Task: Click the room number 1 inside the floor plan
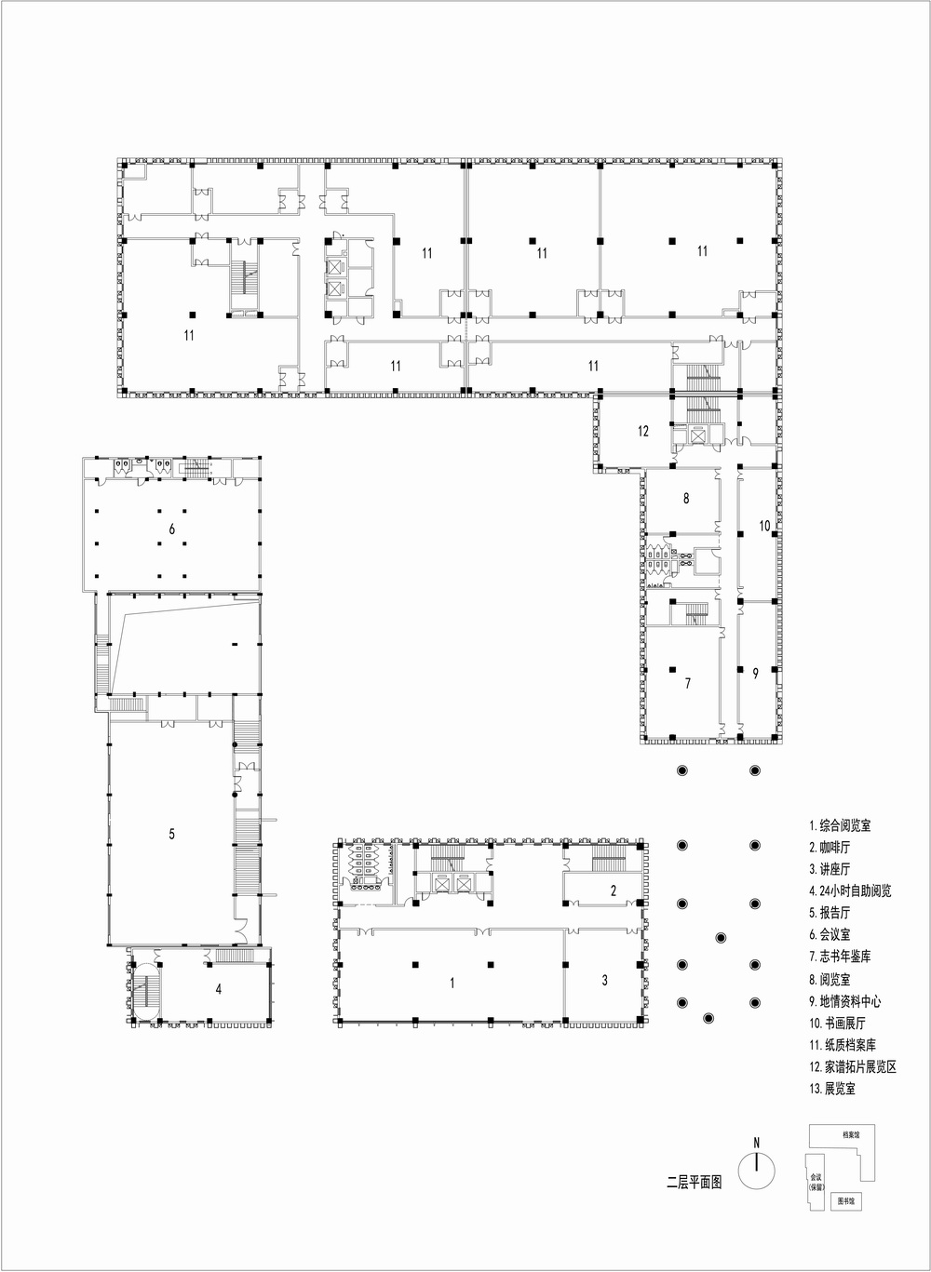click(452, 982)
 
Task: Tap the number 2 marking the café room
click(613, 890)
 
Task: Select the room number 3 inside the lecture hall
click(604, 980)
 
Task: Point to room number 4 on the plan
click(219, 989)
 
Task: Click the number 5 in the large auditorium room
click(172, 834)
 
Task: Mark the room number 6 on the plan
click(172, 529)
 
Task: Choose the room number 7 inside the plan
click(688, 684)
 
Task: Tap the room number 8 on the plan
click(686, 499)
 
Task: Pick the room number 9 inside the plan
click(756, 674)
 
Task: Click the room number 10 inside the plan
click(764, 526)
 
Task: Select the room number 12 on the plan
click(643, 431)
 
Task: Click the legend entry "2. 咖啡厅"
click(830, 848)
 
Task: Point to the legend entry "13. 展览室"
click(832, 1089)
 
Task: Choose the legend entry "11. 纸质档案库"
click(843, 1045)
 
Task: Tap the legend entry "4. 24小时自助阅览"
click(850, 891)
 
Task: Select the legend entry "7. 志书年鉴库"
click(840, 957)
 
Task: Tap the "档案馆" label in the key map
click(850, 1135)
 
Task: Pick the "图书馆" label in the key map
click(844, 1202)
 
